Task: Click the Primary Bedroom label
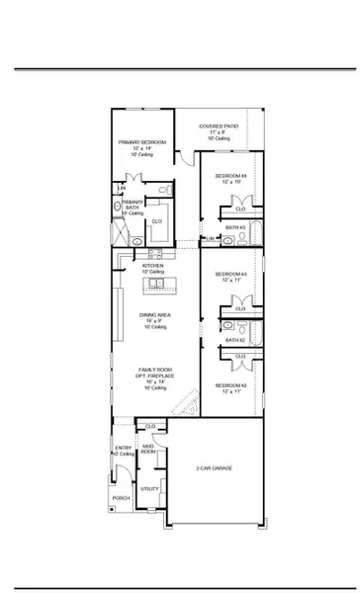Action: click(142, 142)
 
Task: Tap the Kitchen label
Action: click(152, 265)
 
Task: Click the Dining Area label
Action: click(153, 316)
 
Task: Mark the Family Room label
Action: click(153, 370)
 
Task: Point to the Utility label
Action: click(148, 488)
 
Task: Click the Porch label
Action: click(121, 498)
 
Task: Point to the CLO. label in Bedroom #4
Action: click(238, 210)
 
